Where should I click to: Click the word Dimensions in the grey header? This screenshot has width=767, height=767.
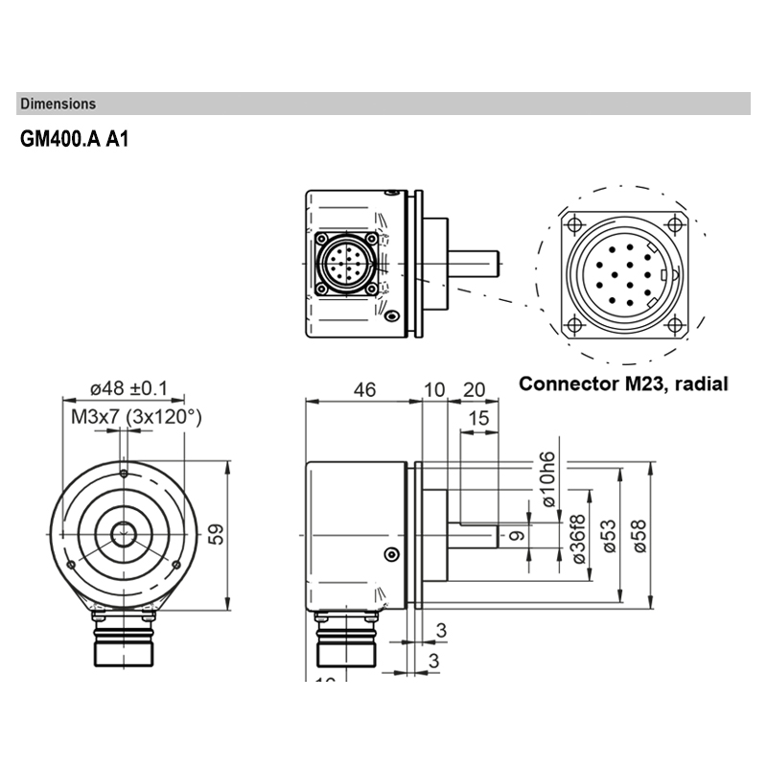point(58,104)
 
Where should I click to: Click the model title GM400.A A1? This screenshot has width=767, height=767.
point(74,139)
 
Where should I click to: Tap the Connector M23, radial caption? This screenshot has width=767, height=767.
point(623,384)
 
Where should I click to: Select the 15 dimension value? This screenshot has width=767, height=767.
point(479,419)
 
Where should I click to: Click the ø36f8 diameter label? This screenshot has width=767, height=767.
point(577,539)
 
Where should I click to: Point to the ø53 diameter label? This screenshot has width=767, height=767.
point(606,539)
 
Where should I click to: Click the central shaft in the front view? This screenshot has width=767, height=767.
point(123,535)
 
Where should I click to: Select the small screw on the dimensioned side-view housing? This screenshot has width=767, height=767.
point(390,553)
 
